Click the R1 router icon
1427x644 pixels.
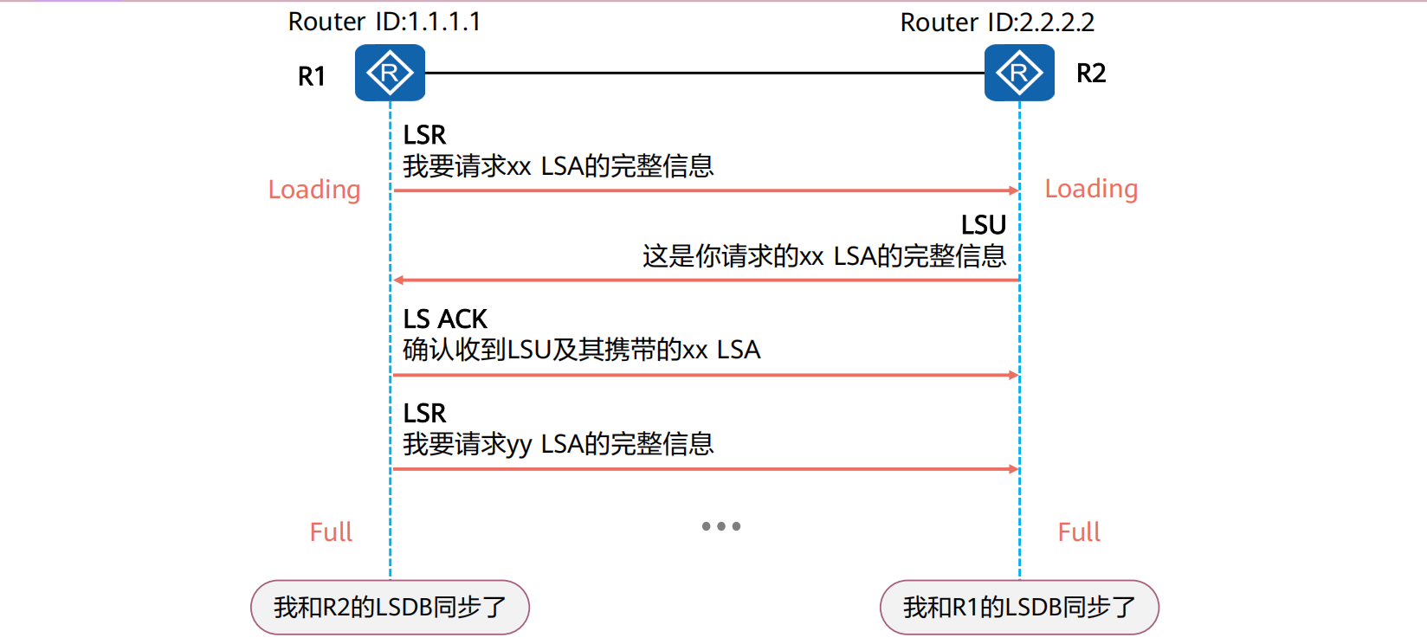[390, 73]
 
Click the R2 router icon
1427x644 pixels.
[1019, 73]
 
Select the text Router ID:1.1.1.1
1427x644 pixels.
[384, 22]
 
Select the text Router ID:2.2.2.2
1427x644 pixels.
[997, 23]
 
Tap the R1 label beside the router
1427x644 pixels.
[312, 76]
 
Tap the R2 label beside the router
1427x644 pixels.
[1091, 74]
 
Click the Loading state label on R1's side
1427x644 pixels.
[313, 190]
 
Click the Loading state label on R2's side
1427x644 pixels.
[1091, 189]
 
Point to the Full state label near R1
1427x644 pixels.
[331, 531]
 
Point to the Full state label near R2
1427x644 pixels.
[1079, 531]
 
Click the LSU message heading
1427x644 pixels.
[983, 225]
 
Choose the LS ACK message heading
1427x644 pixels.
[445, 319]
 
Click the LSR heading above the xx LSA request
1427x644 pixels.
[424, 135]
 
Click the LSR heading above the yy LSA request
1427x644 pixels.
[424, 413]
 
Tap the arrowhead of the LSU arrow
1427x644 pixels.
[398, 280]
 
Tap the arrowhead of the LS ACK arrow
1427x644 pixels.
[1013, 375]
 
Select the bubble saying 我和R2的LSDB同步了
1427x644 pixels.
[390, 607]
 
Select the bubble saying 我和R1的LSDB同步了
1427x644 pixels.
[1019, 607]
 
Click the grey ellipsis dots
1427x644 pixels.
[721, 526]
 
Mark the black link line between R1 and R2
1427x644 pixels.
[704, 73]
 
